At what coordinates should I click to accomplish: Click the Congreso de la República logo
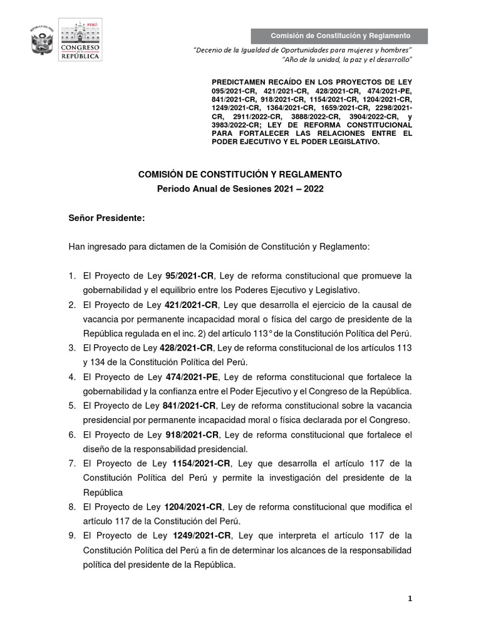coord(80,39)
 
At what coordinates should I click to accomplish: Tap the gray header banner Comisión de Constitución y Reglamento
coord(339,36)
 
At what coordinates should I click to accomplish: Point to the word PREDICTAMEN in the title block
coord(237,82)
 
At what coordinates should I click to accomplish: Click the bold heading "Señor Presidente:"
coord(106,218)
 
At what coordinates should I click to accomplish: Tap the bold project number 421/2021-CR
coord(191,305)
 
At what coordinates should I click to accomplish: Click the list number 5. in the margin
coord(73,406)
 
